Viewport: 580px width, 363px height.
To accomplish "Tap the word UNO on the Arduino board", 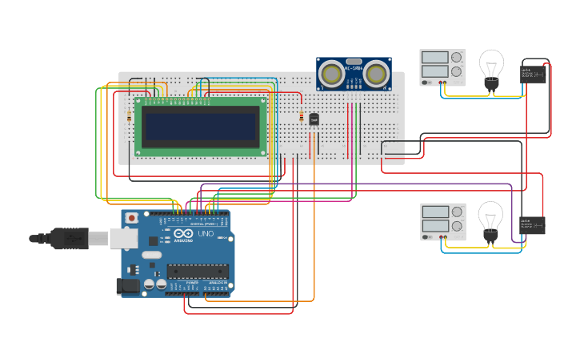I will click(205, 234).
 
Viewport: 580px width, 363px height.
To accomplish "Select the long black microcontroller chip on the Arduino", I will click(198, 272).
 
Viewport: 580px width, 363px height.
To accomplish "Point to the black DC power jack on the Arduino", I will click(128, 286).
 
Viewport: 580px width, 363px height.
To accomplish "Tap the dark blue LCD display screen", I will click(200, 126).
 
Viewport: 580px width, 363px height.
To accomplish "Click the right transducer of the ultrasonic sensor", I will click(375, 75).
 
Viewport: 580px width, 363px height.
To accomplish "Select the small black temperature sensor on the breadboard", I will click(314, 119).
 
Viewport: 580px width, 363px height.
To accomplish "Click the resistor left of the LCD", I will click(130, 117).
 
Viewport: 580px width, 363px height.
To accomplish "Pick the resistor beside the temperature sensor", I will click(302, 118).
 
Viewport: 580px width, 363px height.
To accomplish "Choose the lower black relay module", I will click(534, 225).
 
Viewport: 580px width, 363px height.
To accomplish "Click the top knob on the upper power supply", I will click(456, 58).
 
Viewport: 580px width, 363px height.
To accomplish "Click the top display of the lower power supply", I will click(434, 212).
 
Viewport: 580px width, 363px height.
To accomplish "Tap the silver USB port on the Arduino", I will click(122, 238).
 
